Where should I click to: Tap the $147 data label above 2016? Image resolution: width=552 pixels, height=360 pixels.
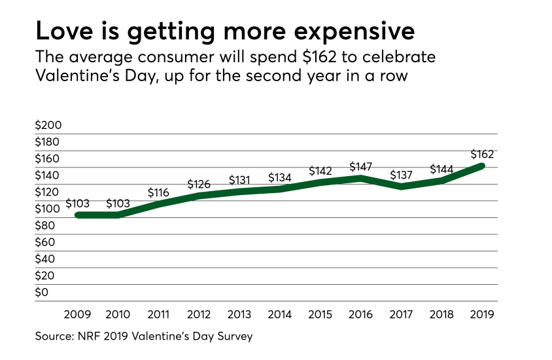pyautogui.click(x=362, y=166)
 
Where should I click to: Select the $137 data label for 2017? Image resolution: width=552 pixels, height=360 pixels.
pyautogui.click(x=402, y=175)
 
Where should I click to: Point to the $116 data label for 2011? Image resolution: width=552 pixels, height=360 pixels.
pyautogui.click(x=159, y=192)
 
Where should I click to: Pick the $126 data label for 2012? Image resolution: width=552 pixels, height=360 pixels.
pyautogui.click(x=199, y=184)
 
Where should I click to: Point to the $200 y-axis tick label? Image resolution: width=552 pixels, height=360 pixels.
pyautogui.click(x=48, y=125)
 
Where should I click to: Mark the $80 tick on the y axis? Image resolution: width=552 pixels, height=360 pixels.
pyautogui.click(x=46, y=225)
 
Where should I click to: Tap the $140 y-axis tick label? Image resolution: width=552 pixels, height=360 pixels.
pyautogui.click(x=48, y=175)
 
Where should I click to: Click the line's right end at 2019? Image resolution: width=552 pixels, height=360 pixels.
pyautogui.click(x=483, y=166)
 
